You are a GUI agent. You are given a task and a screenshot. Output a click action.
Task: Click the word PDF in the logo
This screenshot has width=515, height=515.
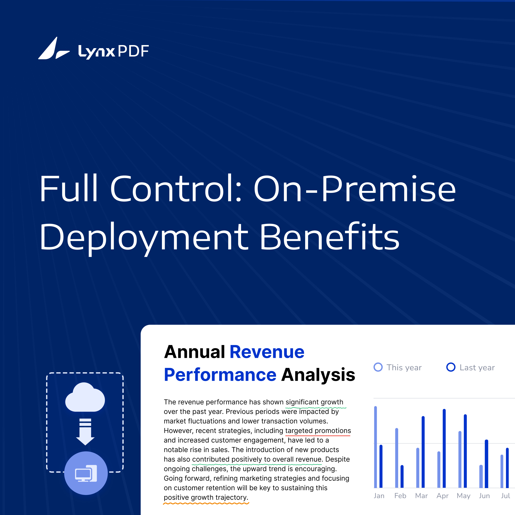click(x=133, y=51)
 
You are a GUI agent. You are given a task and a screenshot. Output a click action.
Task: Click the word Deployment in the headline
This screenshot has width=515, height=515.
click(x=144, y=237)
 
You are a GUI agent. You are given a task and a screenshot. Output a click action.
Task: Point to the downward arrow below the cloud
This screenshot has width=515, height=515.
click(x=85, y=431)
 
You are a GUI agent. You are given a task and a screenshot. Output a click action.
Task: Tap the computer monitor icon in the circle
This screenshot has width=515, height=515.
click(x=86, y=474)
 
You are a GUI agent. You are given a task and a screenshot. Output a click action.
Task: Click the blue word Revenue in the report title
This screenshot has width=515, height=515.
click(x=267, y=352)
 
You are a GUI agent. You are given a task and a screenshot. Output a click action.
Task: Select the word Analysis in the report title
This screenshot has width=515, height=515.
click(x=318, y=375)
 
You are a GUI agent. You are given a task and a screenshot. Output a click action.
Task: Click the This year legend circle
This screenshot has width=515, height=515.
click(x=378, y=367)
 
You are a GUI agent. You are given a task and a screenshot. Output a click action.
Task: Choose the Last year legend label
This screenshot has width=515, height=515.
click(x=477, y=368)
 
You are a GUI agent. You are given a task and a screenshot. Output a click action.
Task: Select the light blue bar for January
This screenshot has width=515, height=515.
click(x=376, y=447)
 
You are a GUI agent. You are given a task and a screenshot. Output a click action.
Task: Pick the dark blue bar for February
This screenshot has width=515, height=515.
click(x=402, y=476)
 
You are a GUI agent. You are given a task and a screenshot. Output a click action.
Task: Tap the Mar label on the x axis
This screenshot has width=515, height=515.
click(x=421, y=496)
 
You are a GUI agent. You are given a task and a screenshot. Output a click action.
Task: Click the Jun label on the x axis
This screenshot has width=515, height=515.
click(x=484, y=496)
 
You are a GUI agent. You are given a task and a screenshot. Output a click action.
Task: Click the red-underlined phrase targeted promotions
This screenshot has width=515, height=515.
click(x=318, y=431)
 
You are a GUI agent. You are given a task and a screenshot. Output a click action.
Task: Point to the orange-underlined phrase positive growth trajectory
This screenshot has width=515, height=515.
click(x=206, y=497)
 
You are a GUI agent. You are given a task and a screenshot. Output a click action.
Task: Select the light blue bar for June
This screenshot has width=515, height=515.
click(x=481, y=476)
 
